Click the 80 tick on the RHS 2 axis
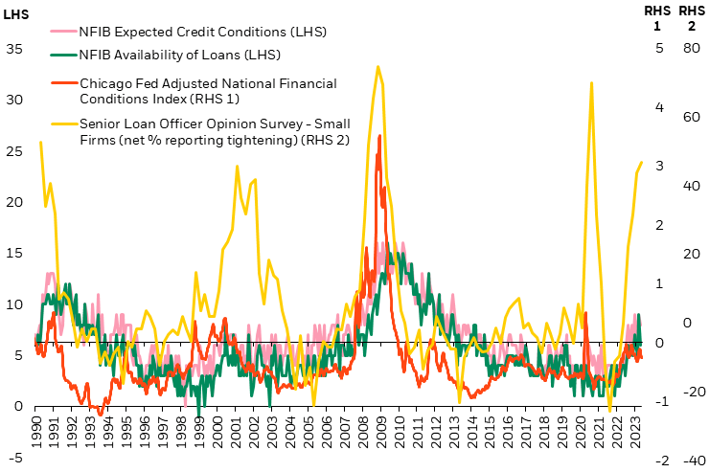pos(689,48)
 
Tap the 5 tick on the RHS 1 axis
pos(659,48)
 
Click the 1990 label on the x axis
pos(36,428)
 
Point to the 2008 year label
pos(360,428)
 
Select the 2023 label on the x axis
pos(637,428)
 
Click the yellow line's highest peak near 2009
pos(378,66)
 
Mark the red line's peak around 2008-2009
pos(380,135)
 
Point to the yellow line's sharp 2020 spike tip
pos(591,82)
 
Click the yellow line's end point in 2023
pos(641,162)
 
